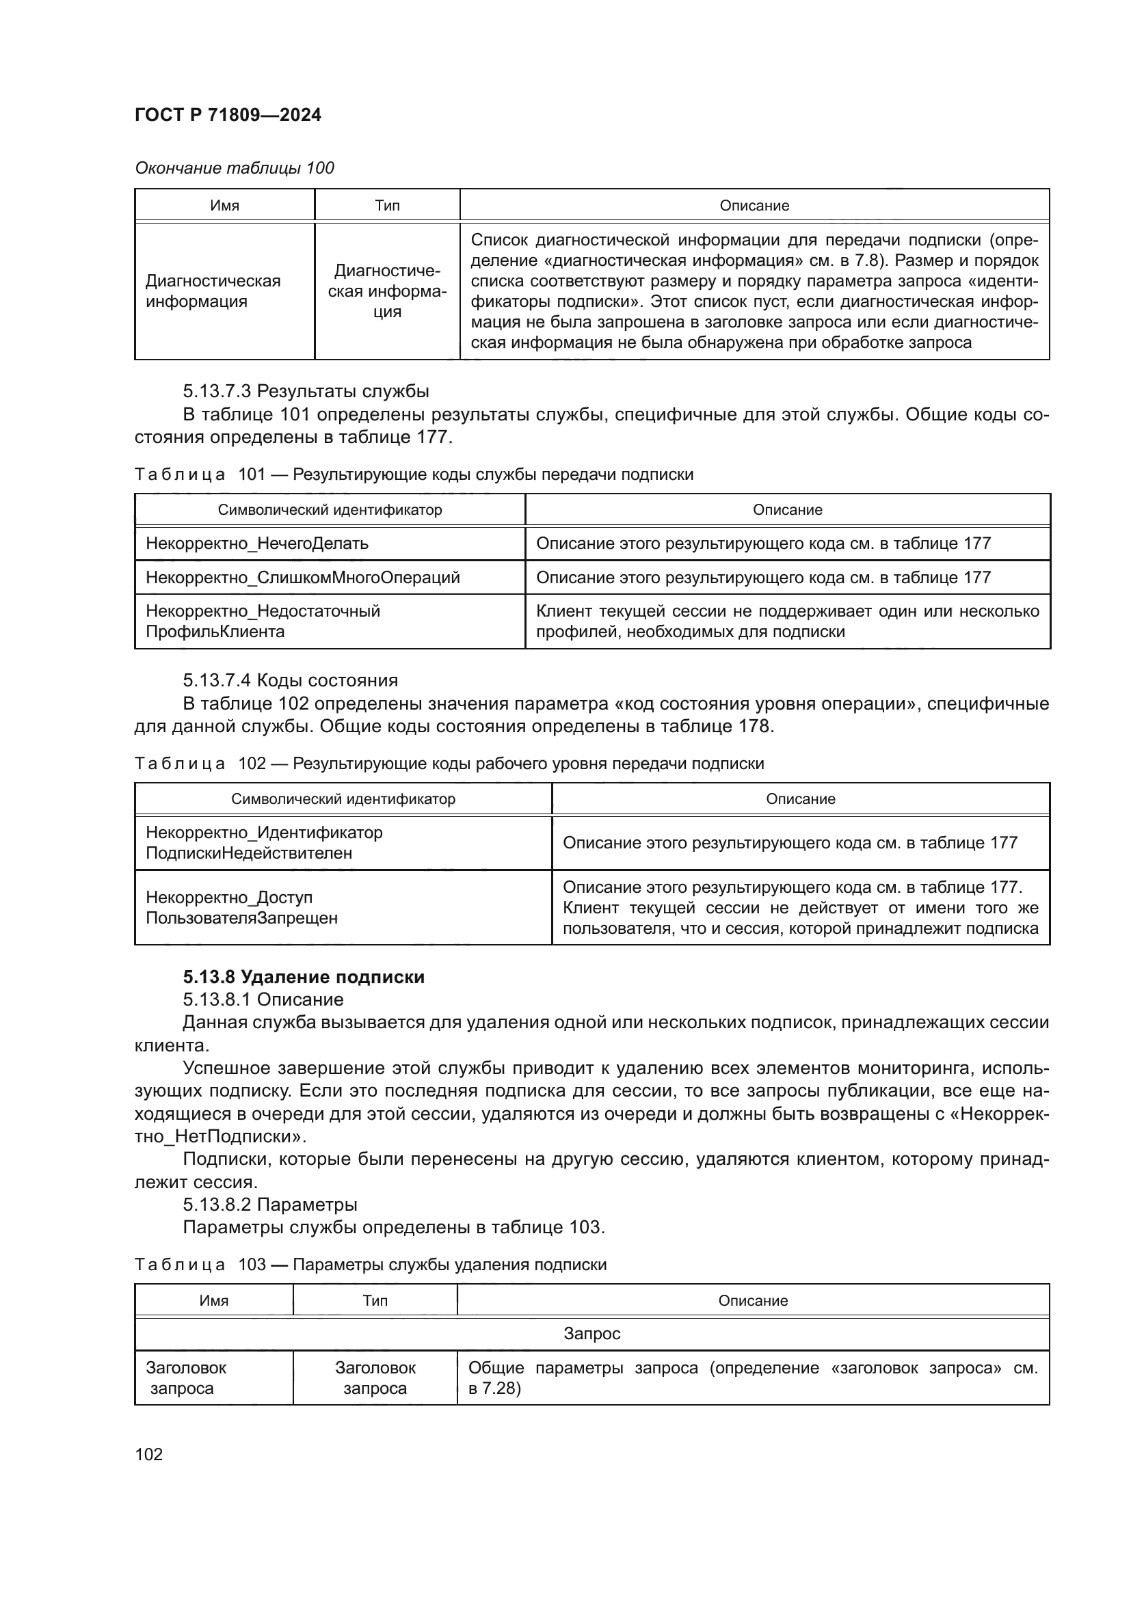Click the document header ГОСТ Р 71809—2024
point(228,115)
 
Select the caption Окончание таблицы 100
point(234,168)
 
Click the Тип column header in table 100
point(387,206)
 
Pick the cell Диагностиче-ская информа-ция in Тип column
point(387,291)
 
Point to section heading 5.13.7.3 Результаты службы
point(306,391)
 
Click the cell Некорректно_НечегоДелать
point(257,543)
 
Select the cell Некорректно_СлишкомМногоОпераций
point(302,578)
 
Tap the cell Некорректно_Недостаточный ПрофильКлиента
point(263,621)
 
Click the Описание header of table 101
point(787,510)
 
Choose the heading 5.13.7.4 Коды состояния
point(291,680)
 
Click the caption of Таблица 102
point(449,764)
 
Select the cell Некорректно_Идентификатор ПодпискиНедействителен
point(264,843)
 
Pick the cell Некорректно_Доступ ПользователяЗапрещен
point(241,907)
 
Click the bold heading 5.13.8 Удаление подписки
point(304,977)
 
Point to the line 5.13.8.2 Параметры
point(270,1204)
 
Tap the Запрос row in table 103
point(591,1334)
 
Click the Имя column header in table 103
point(214,1300)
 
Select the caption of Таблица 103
point(370,1264)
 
